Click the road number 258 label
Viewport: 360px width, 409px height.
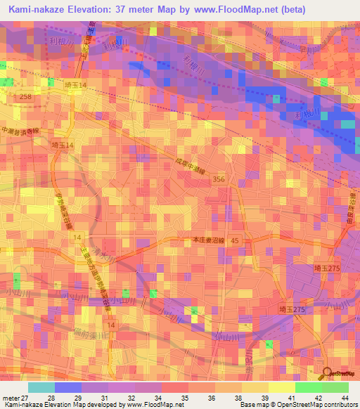click(26, 96)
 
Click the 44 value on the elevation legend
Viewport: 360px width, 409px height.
click(345, 398)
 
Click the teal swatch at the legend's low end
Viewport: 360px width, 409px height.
click(41, 387)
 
